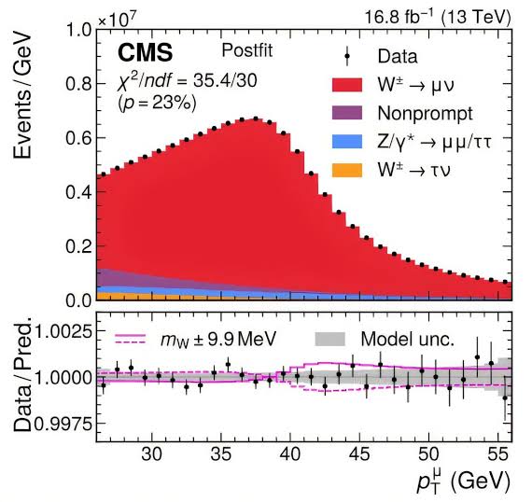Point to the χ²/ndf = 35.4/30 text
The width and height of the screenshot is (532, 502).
pyautogui.click(x=176, y=80)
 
